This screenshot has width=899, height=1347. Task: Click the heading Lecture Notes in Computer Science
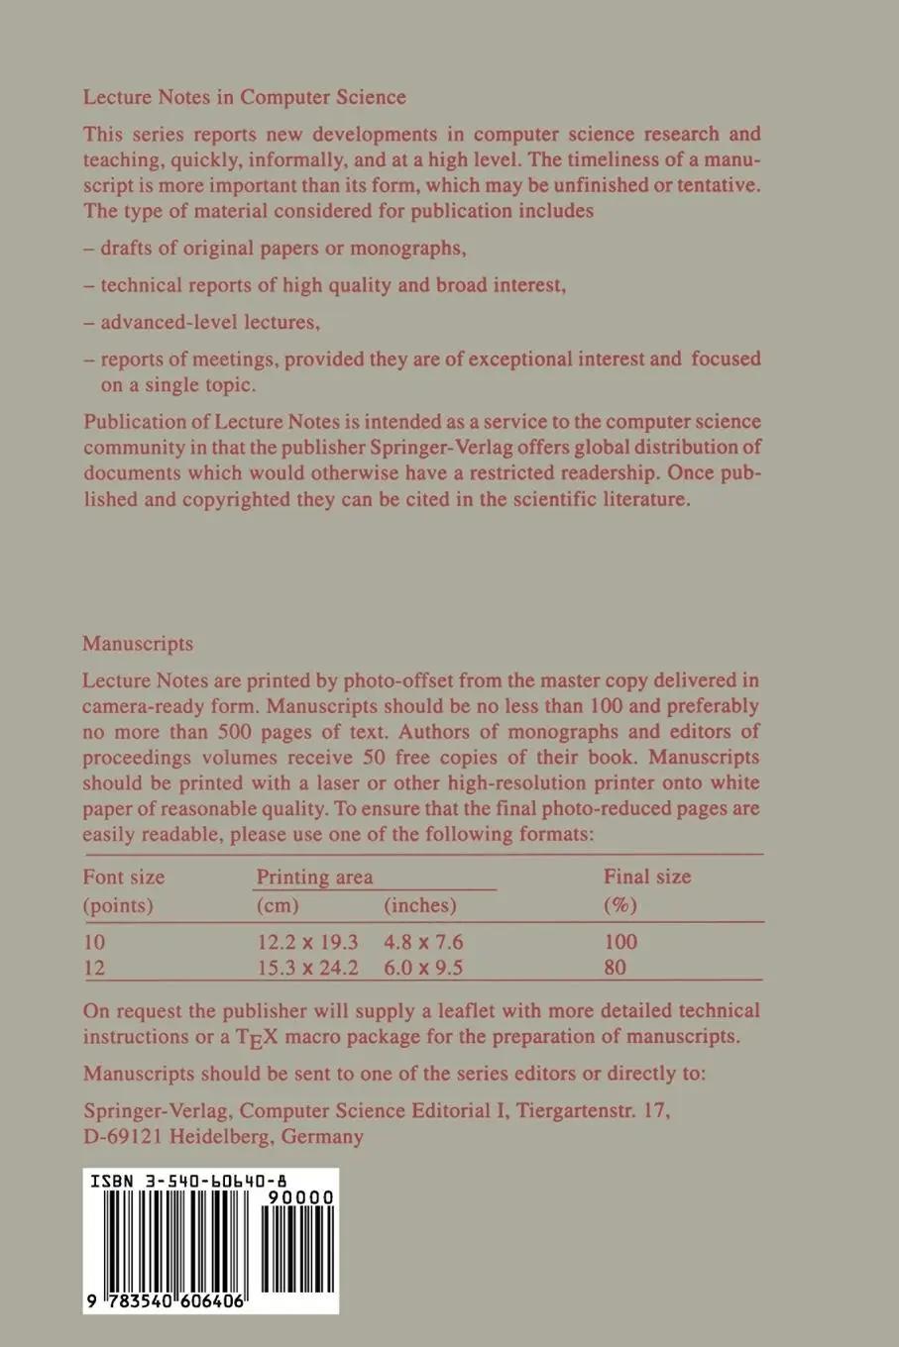(x=244, y=97)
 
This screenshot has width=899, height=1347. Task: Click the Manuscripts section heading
(x=138, y=644)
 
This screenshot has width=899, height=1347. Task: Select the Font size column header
(x=124, y=877)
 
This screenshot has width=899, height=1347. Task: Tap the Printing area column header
(x=314, y=877)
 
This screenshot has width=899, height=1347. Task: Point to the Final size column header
(x=647, y=877)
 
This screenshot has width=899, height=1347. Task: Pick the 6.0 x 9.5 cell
(x=423, y=968)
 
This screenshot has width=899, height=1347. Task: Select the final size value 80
(x=615, y=968)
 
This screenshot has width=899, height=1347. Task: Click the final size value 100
(x=619, y=941)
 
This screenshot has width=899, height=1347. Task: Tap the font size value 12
(x=94, y=968)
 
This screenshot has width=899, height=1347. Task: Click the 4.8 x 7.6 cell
(x=423, y=941)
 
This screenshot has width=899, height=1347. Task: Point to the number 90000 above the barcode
(x=306, y=1197)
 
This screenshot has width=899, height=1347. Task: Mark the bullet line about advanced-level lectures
(x=210, y=322)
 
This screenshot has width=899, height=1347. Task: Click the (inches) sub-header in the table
(x=419, y=905)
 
